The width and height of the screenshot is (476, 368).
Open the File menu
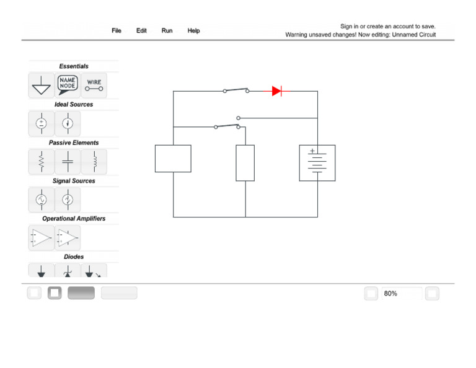point(117,31)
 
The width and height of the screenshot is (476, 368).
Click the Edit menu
point(142,31)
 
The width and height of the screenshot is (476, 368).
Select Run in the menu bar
point(167,31)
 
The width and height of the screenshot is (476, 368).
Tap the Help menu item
point(194,31)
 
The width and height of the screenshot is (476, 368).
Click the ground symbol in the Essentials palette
point(42,86)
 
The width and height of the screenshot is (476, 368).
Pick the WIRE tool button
point(94,85)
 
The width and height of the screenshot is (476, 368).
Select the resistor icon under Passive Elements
point(42,161)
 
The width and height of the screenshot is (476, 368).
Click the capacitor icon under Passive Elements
point(68,161)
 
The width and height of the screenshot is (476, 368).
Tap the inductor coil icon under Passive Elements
point(94,161)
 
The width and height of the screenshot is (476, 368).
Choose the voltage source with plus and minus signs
point(42,123)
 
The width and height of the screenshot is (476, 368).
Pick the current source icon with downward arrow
point(68,123)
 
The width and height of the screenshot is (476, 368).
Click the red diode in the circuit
point(276,91)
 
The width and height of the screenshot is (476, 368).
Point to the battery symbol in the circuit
point(317,163)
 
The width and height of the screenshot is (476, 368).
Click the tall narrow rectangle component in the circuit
point(245,163)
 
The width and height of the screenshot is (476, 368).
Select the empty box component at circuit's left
point(173,159)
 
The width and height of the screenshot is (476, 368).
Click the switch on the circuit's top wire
point(236,90)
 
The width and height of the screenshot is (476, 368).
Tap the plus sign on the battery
point(312,151)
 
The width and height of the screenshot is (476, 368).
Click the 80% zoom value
point(391,294)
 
